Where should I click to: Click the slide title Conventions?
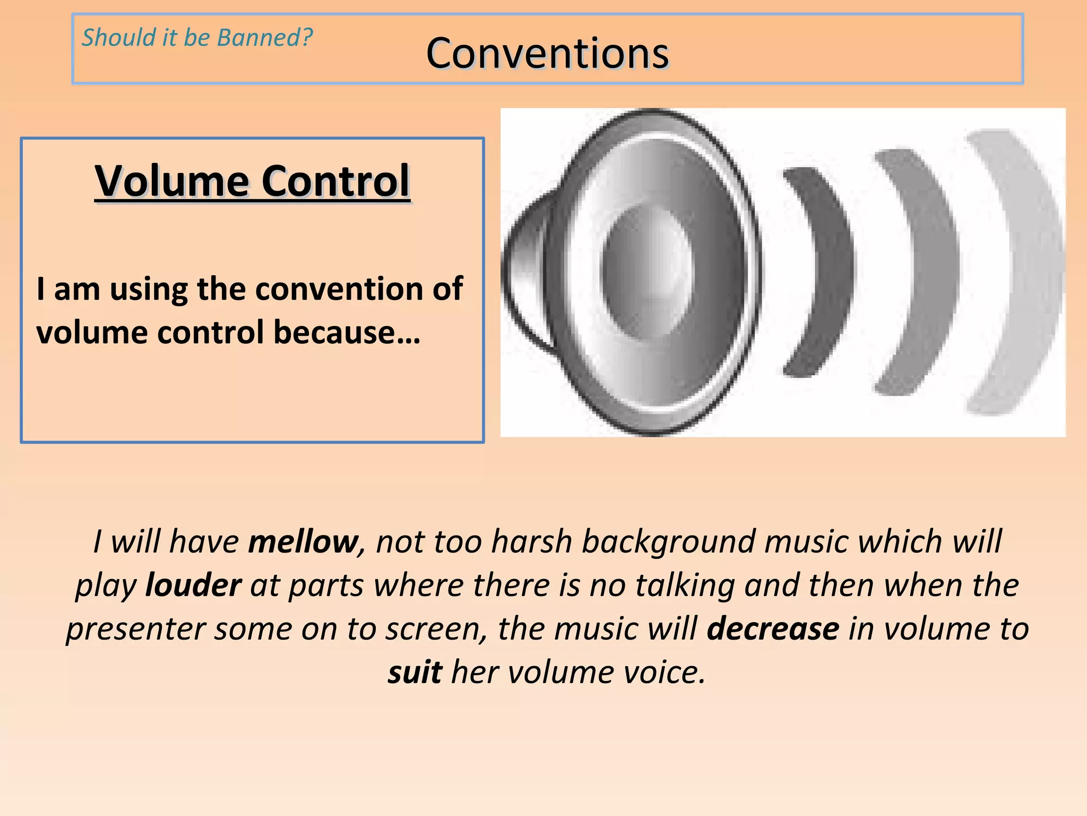pyautogui.click(x=547, y=54)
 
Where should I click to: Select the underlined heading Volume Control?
pyautogui.click(x=252, y=181)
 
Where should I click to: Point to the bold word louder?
pyautogui.click(x=193, y=585)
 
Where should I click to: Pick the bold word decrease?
pyautogui.click(x=773, y=629)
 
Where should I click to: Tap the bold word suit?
pyautogui.click(x=415, y=673)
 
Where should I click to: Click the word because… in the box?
pyautogui.click(x=347, y=333)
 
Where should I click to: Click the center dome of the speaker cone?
pyautogui.click(x=648, y=271)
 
